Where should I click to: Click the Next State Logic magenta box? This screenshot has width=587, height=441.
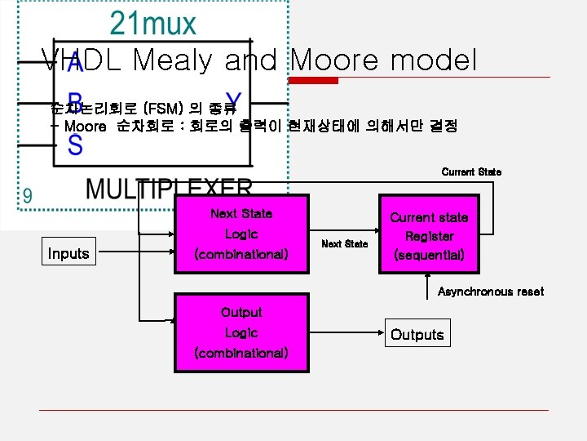(x=241, y=234)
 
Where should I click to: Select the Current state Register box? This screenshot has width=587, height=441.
(x=429, y=236)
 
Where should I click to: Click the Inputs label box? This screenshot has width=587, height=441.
(x=68, y=253)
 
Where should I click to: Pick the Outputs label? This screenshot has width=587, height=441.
(x=417, y=335)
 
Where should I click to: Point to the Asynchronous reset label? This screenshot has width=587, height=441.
(x=491, y=292)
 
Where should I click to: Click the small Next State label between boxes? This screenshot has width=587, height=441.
(x=344, y=244)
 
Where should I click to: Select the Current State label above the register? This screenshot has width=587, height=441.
(x=471, y=172)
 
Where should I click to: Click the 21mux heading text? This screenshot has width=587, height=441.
(x=153, y=24)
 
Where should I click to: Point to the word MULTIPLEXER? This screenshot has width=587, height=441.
(x=169, y=189)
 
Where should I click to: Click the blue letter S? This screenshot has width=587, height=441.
(x=75, y=146)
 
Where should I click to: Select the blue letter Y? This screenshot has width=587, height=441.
(x=230, y=102)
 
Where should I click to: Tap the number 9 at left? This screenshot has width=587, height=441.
(x=28, y=196)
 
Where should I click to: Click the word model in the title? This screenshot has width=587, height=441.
(x=435, y=60)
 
